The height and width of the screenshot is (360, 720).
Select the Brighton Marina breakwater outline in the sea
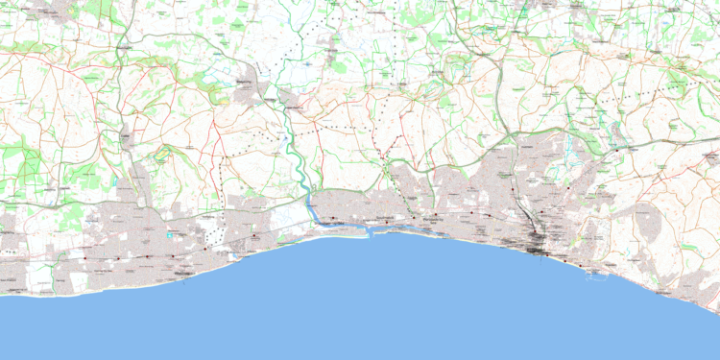[596, 275]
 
